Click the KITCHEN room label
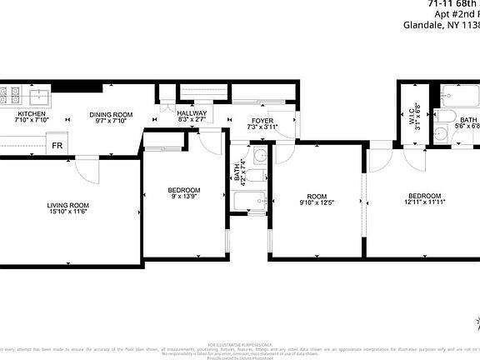pos(31,114)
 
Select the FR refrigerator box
pos(57,146)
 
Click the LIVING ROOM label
pos(67,205)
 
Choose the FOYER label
pos(262,122)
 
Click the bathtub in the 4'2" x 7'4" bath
pos(249,202)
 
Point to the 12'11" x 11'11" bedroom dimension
pos(424,201)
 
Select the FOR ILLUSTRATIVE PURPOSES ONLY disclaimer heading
pos(239,342)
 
